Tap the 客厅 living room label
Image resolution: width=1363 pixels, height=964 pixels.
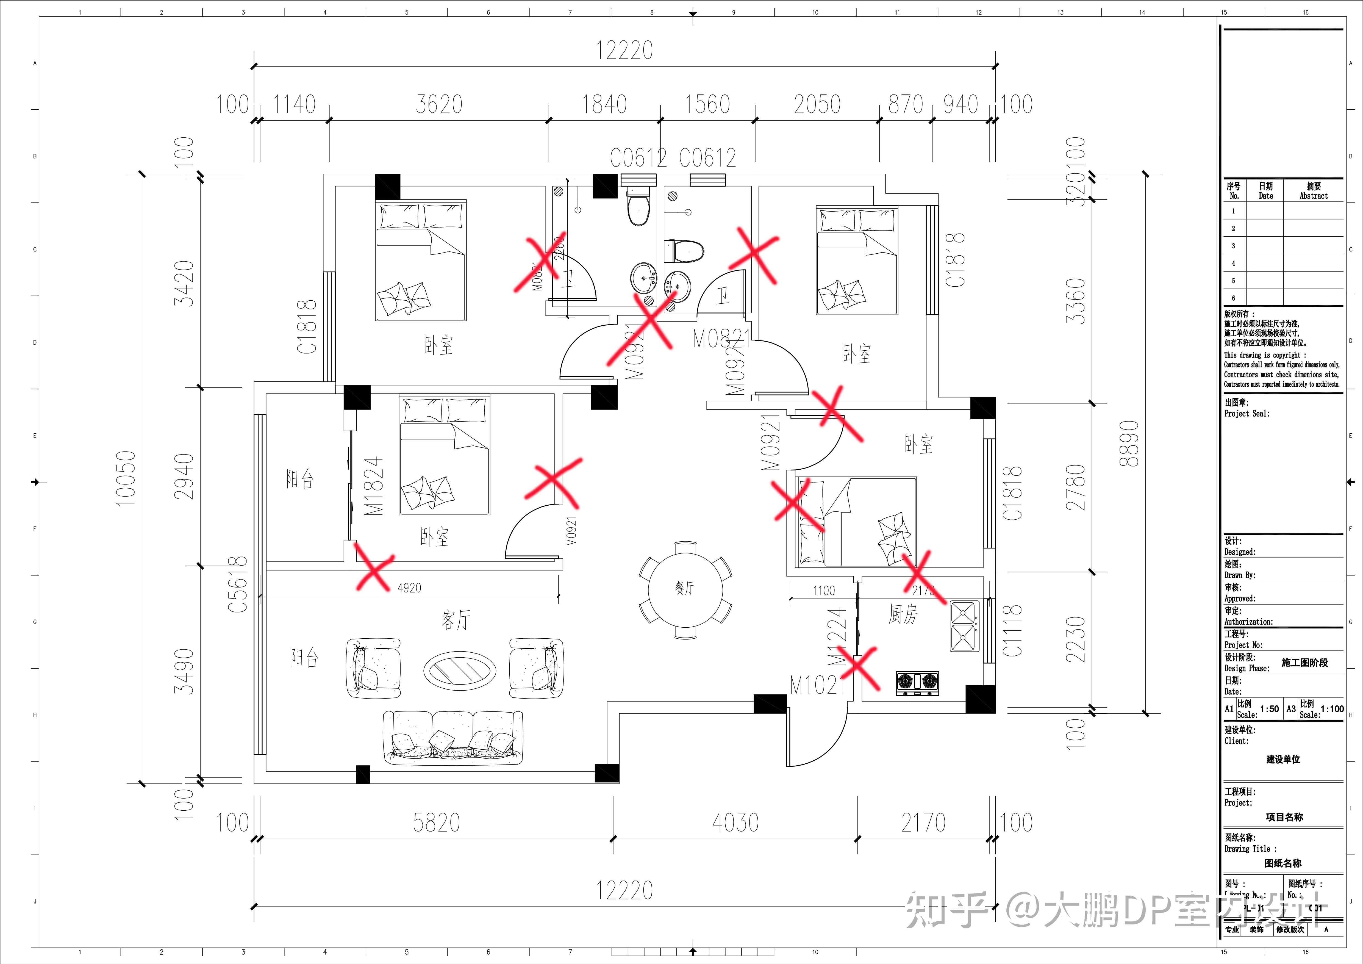tap(455, 620)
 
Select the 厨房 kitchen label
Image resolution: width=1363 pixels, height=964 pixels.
tap(902, 614)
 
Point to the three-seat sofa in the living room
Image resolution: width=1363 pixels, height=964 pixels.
tap(453, 738)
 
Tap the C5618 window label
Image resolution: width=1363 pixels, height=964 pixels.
tap(237, 585)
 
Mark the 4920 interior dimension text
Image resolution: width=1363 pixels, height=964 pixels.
tap(409, 588)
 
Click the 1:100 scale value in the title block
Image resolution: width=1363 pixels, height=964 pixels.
tap(1332, 709)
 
